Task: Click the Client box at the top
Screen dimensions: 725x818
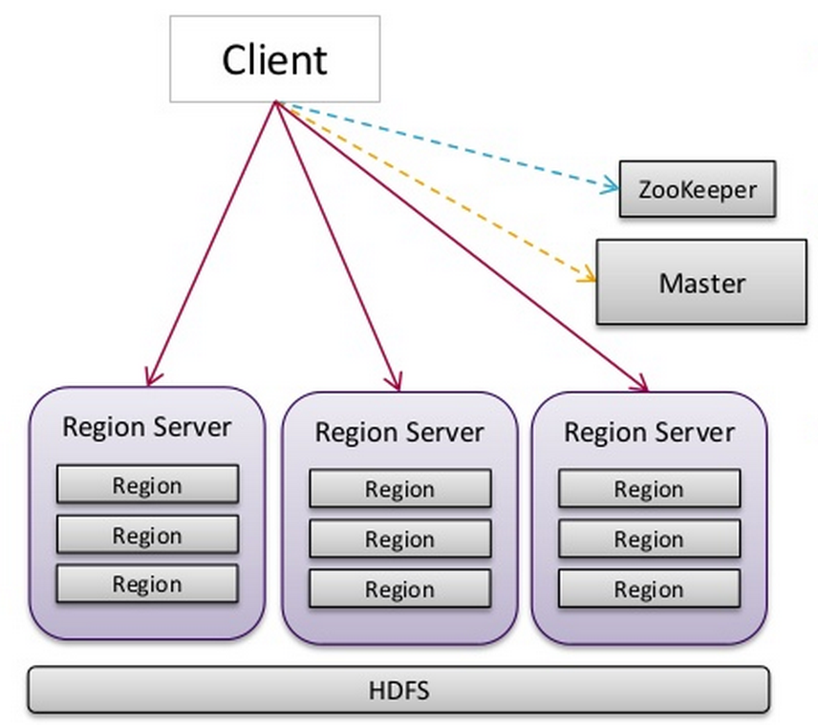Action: tap(274, 59)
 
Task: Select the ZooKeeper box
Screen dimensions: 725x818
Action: tap(697, 189)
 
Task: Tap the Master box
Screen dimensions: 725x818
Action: tap(701, 283)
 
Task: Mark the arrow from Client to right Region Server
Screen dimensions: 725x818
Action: tap(459, 245)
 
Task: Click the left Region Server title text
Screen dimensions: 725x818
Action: tap(146, 426)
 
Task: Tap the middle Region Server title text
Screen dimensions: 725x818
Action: tap(399, 432)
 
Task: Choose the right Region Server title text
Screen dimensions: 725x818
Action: tap(649, 432)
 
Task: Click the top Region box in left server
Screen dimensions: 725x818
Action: tap(147, 484)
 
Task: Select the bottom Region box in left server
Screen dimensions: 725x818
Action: tap(147, 584)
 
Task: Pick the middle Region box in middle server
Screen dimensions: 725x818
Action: tap(399, 540)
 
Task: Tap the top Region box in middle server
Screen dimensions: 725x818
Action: tap(399, 489)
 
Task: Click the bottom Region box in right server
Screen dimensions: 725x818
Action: tap(649, 589)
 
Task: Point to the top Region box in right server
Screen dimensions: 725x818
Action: tap(649, 489)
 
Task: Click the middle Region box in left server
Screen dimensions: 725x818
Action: tap(147, 535)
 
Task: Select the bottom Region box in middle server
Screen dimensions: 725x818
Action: tap(399, 589)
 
